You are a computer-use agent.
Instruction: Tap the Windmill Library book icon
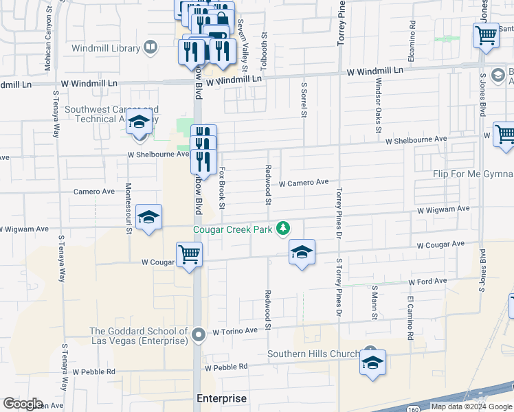point(150,47)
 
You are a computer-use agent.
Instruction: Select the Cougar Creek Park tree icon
point(282,229)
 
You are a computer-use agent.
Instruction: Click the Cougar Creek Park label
point(232,230)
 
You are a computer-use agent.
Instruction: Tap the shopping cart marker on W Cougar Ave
point(189,255)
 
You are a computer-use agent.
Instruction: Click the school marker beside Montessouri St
point(149,218)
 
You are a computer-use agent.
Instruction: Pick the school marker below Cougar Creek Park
point(301,253)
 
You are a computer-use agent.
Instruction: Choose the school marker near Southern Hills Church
point(372,363)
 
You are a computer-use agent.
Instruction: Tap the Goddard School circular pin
point(199,336)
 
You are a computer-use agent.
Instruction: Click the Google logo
point(23,404)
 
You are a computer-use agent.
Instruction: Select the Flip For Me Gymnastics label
point(473,174)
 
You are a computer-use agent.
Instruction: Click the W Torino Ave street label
point(235,330)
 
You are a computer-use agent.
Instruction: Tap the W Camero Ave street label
point(304,183)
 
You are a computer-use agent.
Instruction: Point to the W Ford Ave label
point(427,281)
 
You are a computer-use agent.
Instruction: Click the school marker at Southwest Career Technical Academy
point(139,123)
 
